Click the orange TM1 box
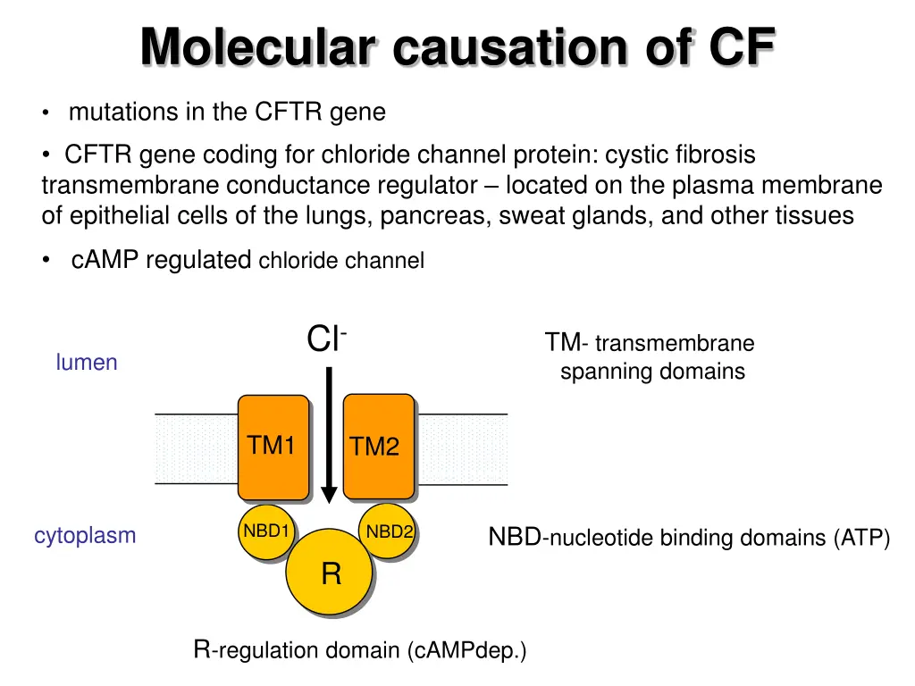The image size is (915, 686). click(273, 446)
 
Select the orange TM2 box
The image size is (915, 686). click(378, 446)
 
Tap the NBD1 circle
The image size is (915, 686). click(265, 534)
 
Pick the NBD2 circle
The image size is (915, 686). click(389, 534)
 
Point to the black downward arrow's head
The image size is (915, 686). click(329, 494)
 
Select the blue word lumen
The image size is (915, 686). click(87, 362)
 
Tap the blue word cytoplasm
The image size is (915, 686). click(85, 536)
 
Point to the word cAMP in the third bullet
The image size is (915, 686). click(105, 260)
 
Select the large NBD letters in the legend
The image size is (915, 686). click(515, 537)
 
